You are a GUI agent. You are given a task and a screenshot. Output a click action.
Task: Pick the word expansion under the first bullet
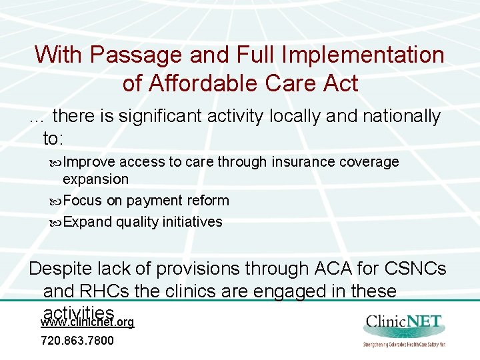[x=95, y=179]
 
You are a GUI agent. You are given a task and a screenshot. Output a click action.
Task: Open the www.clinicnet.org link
[x=87, y=322]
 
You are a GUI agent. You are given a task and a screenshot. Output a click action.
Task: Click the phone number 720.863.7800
[x=77, y=341]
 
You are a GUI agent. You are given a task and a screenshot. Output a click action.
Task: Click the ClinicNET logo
[x=405, y=330]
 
